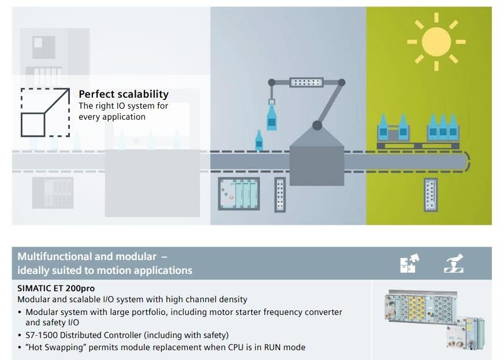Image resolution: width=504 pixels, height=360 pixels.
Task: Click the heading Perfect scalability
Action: click(124, 94)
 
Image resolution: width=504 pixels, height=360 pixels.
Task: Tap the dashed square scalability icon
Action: click(45, 112)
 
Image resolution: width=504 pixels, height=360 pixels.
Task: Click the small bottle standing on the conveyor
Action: click(259, 140)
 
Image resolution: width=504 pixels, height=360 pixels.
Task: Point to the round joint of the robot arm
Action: click(316, 124)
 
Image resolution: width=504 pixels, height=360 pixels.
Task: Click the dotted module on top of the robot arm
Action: click(307, 83)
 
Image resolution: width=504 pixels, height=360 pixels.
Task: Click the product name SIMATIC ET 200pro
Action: click(56, 288)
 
